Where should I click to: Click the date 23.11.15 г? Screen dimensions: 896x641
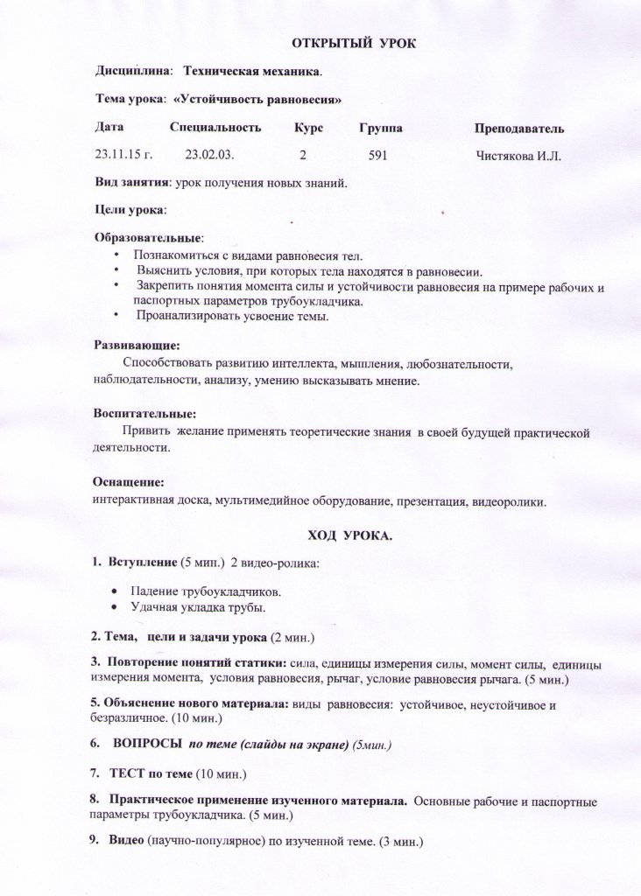pos(123,156)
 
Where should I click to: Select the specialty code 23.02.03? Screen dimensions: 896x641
pos(208,156)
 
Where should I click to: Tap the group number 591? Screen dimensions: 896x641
pos(377,156)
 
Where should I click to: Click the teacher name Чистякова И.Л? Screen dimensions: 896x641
pos(518,156)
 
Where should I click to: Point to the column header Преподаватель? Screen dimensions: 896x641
pos(519,129)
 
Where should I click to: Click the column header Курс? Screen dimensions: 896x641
pos(309,129)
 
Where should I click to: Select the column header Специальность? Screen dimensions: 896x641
pos(215,129)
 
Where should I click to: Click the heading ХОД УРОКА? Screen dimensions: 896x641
pos(349,536)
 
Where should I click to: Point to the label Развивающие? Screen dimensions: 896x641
pos(137,346)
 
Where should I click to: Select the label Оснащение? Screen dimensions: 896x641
pos(129,482)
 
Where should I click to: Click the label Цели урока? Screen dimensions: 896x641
pos(130,210)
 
